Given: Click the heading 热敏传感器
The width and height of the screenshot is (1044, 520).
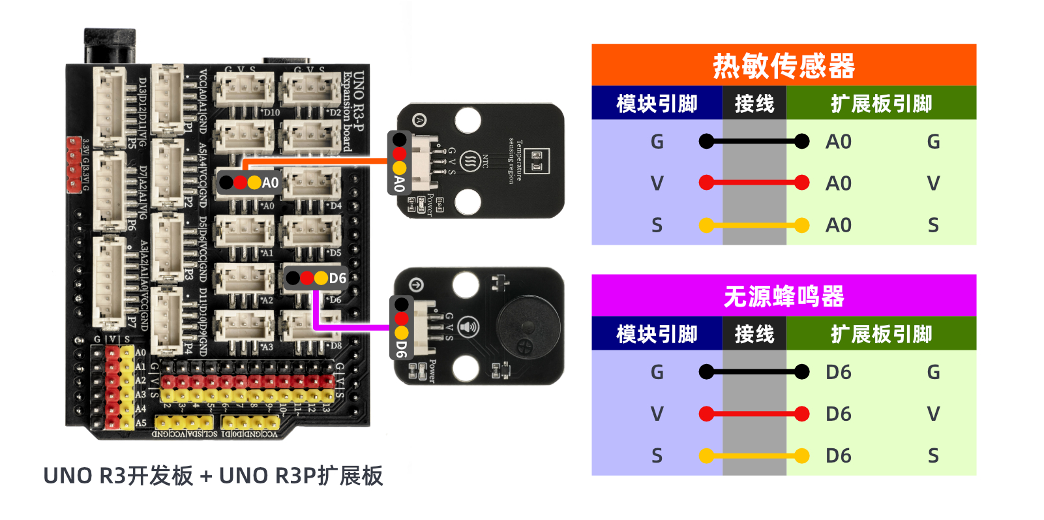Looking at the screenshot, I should (783, 66).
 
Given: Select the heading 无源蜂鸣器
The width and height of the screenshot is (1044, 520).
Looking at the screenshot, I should (783, 297).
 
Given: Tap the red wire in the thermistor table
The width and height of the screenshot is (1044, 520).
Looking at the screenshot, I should (754, 183).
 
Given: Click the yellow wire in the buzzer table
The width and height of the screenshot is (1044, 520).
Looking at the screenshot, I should (754, 455).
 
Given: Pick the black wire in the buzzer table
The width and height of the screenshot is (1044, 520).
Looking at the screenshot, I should (754, 372).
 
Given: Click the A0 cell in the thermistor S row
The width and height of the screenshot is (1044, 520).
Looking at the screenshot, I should (839, 225).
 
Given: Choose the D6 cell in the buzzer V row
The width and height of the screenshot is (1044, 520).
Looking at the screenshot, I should (839, 414).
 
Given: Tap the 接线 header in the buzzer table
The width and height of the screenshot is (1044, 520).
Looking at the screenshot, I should (754, 334).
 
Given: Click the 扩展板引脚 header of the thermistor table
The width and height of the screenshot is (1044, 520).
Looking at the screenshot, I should (881, 104).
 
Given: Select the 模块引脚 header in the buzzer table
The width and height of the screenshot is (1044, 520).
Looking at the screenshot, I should (657, 334).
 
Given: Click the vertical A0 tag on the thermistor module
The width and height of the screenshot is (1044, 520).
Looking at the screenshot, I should (399, 183).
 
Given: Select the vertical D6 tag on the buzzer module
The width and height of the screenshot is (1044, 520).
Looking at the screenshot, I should (401, 348).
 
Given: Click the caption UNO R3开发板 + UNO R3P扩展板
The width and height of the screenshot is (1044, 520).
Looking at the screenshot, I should (213, 476).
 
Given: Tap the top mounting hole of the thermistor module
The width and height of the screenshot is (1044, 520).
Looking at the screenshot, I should (468, 120).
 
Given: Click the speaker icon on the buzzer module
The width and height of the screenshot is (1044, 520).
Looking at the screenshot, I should (468, 327).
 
